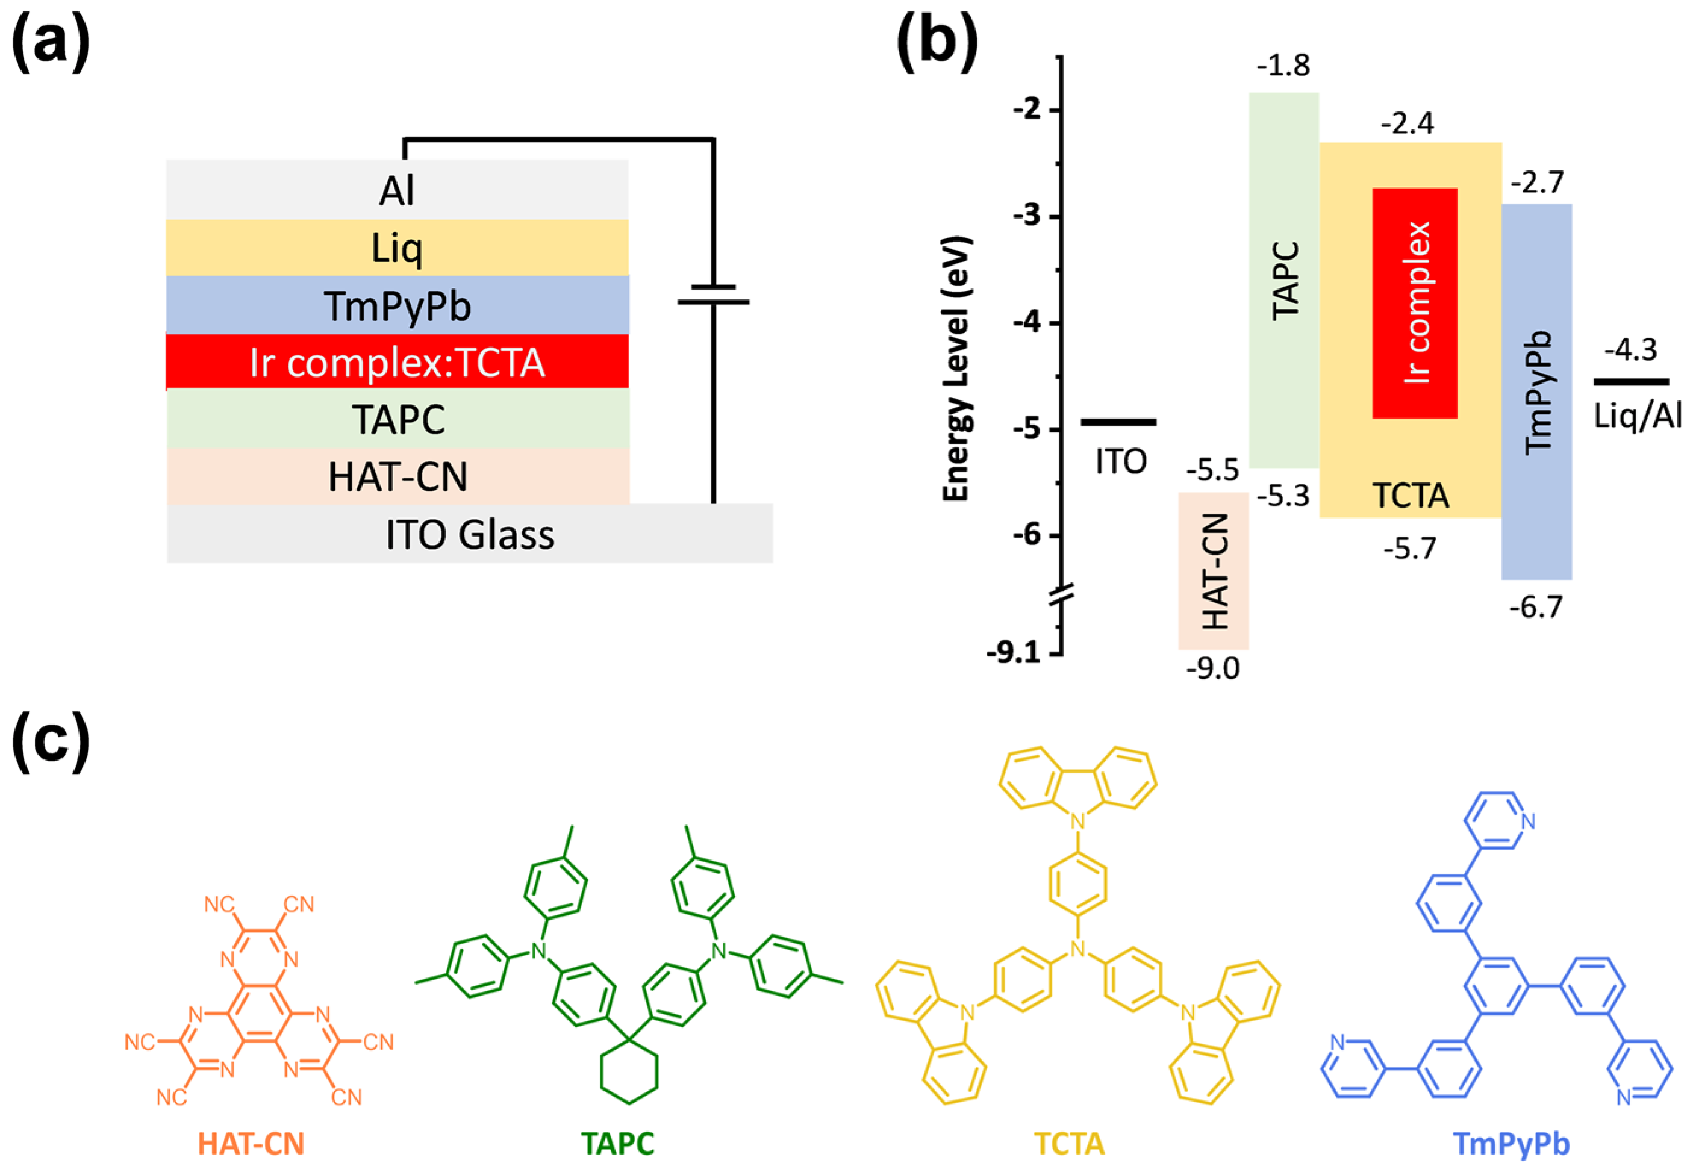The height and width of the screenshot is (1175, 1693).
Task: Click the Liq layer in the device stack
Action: (397, 248)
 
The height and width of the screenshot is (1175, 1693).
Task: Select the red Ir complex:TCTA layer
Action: (397, 362)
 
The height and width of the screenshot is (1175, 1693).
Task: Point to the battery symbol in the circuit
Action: (712, 295)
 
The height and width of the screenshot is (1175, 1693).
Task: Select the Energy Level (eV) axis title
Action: (958, 369)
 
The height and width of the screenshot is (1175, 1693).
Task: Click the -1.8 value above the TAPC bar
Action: (1283, 66)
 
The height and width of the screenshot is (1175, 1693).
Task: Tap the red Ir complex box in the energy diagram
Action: (1414, 302)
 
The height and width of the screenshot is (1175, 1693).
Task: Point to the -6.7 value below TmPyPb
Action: (1535, 608)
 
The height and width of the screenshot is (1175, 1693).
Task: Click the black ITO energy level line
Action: (1118, 422)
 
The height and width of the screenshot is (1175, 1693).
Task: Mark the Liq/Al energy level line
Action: (1631, 381)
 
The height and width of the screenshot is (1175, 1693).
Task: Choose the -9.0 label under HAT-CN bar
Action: (1212, 669)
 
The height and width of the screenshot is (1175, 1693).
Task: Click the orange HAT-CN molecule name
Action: (251, 1143)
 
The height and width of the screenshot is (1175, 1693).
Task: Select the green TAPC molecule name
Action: (617, 1143)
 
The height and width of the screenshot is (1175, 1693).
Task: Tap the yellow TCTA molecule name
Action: (1069, 1143)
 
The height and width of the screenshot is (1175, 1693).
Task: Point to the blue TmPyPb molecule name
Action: (1511, 1143)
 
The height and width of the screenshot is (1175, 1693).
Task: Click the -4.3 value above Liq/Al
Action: (1630, 350)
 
